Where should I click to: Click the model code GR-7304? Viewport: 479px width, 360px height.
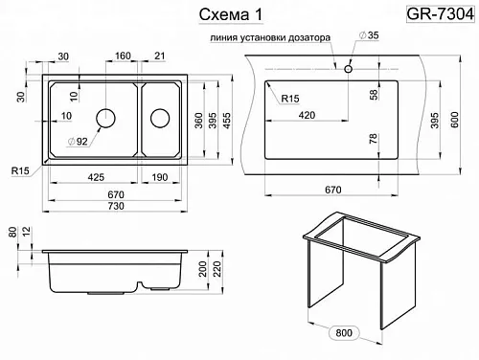[x=440, y=14]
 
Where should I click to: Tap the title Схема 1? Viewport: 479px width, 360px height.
[x=231, y=14]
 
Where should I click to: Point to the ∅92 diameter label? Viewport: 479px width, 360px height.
[x=78, y=141]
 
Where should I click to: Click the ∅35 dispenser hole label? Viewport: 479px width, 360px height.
[x=369, y=35]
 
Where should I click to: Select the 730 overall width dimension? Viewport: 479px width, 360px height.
[x=116, y=206]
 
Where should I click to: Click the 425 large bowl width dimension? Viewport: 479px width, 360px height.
[x=96, y=177]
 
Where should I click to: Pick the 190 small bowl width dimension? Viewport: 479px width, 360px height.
[x=160, y=177]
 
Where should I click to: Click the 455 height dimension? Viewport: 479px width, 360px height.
[x=226, y=121]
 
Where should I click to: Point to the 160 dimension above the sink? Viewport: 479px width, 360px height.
[x=123, y=56]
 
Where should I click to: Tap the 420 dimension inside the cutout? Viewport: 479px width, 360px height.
[x=307, y=115]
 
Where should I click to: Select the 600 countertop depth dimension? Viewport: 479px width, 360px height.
[x=454, y=120]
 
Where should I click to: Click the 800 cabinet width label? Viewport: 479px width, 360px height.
[x=344, y=333]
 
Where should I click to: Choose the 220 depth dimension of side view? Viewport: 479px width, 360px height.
[x=217, y=269]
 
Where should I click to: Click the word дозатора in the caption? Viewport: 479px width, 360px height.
[x=309, y=37]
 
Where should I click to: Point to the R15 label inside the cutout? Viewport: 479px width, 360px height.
[x=290, y=99]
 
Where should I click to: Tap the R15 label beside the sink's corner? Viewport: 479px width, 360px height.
[x=20, y=170]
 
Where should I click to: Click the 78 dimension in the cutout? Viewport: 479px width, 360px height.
[x=373, y=139]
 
